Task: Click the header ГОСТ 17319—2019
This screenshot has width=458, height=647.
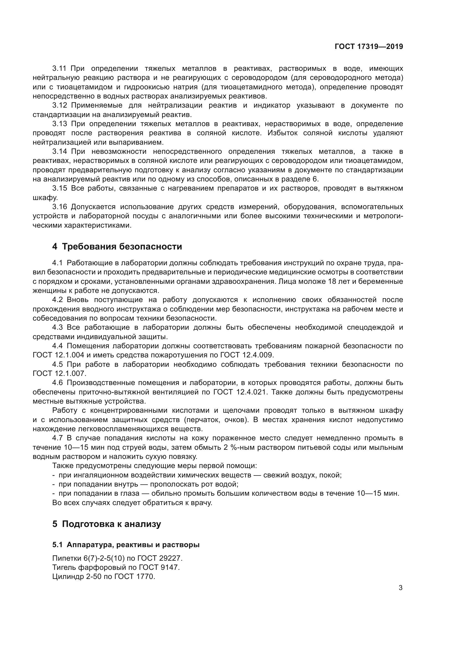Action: pyautogui.click(x=369, y=46)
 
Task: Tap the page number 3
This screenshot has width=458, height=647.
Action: pyautogui.click(x=400, y=588)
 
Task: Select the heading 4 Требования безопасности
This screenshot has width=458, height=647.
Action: pyautogui.click(x=117, y=246)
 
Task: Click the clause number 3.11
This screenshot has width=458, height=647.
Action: pyautogui.click(x=60, y=69)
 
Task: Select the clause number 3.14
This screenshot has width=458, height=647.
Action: pyautogui.click(x=60, y=152)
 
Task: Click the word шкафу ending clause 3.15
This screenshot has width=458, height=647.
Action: pyautogui.click(x=45, y=198)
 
